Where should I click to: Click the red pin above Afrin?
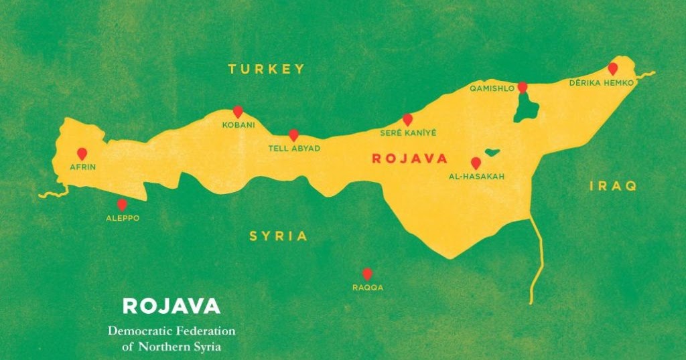tap(82, 153)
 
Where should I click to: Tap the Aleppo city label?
tap(123, 218)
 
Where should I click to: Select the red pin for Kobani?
tap(237, 112)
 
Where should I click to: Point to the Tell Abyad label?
tap(294, 148)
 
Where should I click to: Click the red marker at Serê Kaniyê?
tap(407, 119)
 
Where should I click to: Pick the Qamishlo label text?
tap(492, 88)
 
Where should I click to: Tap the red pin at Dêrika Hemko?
tap(612, 68)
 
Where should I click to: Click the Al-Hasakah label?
tap(476, 177)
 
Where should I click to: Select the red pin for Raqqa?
tap(367, 274)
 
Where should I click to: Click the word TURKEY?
tap(266, 69)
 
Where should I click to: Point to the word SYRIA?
tap(279, 236)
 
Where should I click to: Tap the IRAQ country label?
tap(613, 186)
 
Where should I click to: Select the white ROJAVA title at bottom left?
tap(171, 306)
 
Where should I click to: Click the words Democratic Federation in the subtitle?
tap(171, 331)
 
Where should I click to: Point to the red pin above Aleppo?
tap(122, 205)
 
